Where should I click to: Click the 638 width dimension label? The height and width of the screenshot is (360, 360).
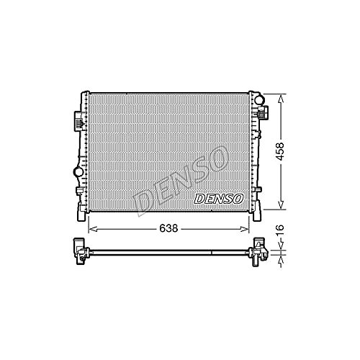click(x=168, y=228)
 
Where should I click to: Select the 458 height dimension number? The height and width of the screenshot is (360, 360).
click(x=280, y=151)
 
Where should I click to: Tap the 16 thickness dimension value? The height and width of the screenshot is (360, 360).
click(x=280, y=230)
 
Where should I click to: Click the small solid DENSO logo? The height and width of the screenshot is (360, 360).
click(x=218, y=199)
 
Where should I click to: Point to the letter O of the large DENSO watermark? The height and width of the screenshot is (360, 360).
click(x=216, y=159)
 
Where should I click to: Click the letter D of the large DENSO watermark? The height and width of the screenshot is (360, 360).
click(x=143, y=203)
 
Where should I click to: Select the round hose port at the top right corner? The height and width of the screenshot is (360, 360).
click(x=258, y=99)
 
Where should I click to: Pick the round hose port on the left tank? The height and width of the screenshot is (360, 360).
click(x=78, y=171)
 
